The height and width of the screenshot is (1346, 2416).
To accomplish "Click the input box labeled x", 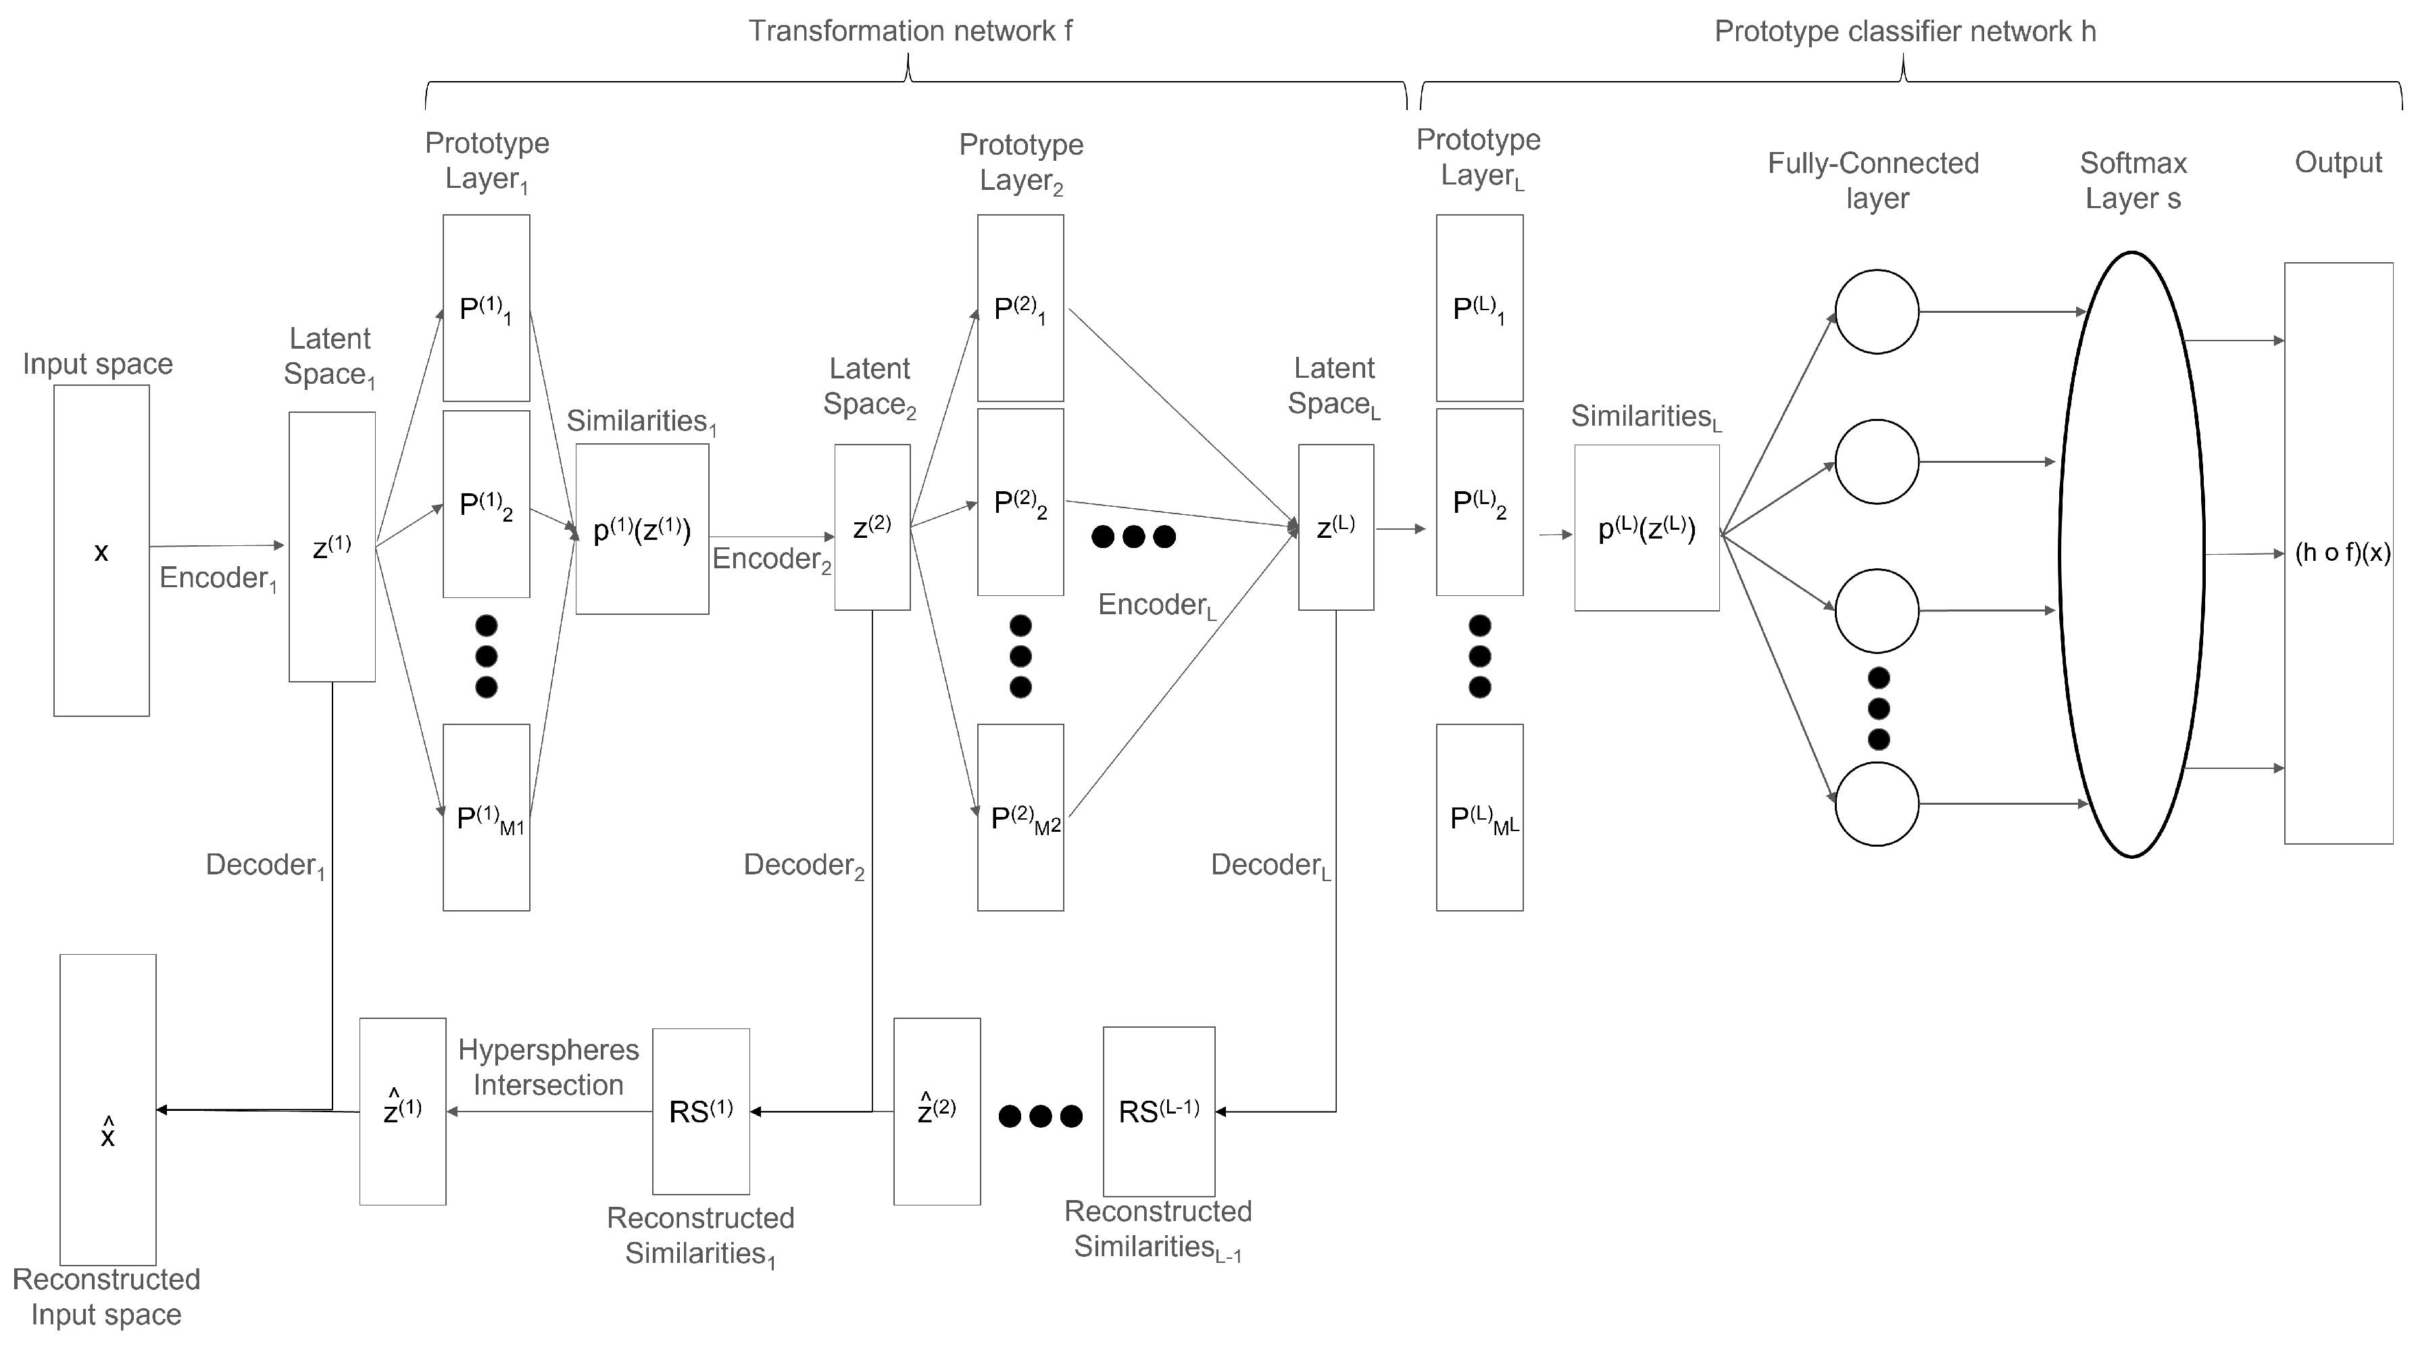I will pos(101,551).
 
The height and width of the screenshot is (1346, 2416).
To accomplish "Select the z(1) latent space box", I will pos(332,547).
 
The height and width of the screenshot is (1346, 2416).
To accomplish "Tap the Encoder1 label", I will pos(218,578).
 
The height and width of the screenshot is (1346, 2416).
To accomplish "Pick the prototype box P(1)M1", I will pos(486,817).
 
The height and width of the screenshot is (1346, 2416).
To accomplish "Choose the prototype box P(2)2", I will pos(1020,502).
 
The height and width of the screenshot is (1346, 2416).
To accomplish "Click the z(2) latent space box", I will pos(872,527).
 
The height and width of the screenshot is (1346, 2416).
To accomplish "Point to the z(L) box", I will pos(1335,527).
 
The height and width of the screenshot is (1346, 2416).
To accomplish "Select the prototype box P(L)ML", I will pos(1479,817).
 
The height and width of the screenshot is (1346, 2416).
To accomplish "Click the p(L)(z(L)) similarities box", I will pos(1647,528).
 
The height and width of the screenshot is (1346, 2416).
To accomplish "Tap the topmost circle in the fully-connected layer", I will pos(1877,311).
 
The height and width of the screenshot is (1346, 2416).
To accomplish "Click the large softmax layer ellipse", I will pos(2131,553).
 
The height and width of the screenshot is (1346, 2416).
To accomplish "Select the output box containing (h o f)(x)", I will pos(2338,553).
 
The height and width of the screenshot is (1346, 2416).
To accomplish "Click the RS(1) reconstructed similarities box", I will pos(701,1112).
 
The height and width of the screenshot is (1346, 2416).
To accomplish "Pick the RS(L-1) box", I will pos(1158,1112).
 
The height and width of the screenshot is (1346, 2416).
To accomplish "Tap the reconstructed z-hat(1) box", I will pos(402,1112).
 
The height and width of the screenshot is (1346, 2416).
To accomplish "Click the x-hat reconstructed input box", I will pos(108,1110).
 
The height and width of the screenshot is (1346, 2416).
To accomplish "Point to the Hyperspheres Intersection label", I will pos(549,1068).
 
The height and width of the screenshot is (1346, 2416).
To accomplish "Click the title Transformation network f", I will pos(910,31).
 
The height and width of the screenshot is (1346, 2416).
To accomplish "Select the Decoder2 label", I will pos(804,865).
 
